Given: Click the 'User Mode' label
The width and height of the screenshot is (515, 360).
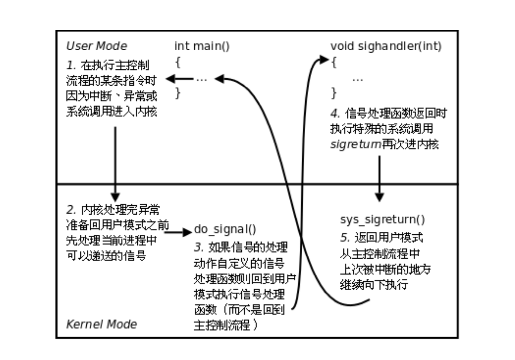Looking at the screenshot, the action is (97, 46).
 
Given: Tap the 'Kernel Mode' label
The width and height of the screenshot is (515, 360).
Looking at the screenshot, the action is (101, 324).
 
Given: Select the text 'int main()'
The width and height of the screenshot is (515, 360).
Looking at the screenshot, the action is (202, 46).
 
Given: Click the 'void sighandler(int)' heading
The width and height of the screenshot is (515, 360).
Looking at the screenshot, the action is (386, 46).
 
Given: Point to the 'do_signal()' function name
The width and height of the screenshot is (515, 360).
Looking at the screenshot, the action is (225, 230).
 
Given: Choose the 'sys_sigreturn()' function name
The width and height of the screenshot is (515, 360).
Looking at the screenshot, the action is (382, 220).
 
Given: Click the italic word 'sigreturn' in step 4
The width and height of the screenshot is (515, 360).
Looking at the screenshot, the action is (356, 145).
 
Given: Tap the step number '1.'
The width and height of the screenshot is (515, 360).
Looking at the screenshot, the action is (71, 65).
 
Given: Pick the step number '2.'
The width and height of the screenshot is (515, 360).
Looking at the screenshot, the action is (71, 210).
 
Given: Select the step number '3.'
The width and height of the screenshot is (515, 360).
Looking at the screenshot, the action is (199, 247).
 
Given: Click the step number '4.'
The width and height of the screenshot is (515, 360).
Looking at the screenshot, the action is (335, 114).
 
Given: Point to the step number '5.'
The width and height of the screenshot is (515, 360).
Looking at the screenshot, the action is (345, 237).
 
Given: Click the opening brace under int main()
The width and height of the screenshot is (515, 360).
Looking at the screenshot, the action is (178, 62).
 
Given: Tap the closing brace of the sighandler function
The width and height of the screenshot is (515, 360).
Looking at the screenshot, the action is (334, 93).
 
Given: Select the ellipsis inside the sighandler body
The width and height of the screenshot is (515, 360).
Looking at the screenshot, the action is (357, 80).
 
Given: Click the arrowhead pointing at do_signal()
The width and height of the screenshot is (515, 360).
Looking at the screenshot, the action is (187, 232).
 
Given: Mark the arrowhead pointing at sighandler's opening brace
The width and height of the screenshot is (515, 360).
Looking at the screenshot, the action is (324, 60).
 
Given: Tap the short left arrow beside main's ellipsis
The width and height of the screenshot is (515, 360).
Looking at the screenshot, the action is (180, 79).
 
